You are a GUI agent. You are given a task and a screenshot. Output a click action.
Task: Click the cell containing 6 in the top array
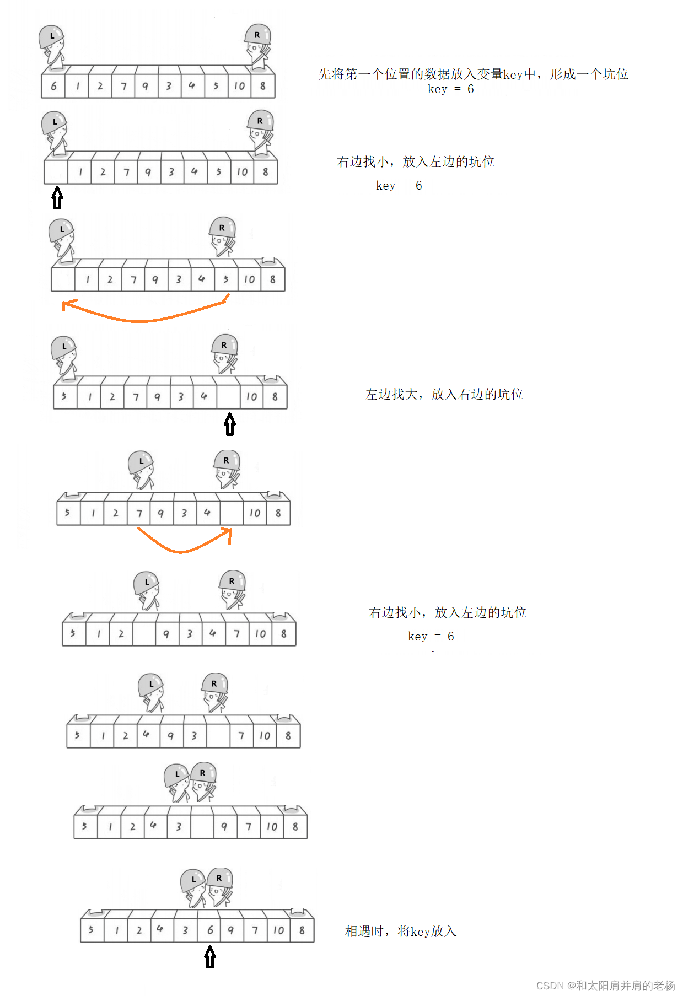click(53, 86)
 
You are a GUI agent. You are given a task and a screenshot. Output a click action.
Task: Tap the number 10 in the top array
click(239, 86)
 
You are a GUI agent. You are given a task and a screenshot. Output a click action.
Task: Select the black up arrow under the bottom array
click(210, 957)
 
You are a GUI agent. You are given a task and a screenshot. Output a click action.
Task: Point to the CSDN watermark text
click(605, 986)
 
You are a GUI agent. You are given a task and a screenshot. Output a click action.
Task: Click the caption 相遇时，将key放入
click(401, 932)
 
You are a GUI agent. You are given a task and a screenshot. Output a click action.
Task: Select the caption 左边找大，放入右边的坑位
click(444, 394)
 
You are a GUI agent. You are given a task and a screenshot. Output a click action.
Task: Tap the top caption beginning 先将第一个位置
click(473, 74)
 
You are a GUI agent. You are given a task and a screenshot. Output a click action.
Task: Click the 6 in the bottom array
click(210, 930)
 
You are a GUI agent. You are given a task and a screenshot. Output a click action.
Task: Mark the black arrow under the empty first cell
click(57, 198)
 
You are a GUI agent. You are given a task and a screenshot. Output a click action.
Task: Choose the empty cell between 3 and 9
click(202, 827)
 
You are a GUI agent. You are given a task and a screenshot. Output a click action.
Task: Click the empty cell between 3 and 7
click(218, 736)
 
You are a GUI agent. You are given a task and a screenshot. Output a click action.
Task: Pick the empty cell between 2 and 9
click(144, 634)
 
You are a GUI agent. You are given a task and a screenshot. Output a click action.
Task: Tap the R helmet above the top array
click(257, 35)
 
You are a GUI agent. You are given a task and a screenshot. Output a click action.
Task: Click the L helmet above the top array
click(52, 36)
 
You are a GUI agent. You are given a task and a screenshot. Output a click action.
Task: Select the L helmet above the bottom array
click(193, 880)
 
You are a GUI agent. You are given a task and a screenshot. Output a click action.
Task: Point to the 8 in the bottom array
click(302, 930)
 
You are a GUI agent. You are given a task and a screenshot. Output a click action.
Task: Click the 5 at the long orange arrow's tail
click(226, 279)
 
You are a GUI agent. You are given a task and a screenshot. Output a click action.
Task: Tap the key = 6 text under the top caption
click(450, 89)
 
